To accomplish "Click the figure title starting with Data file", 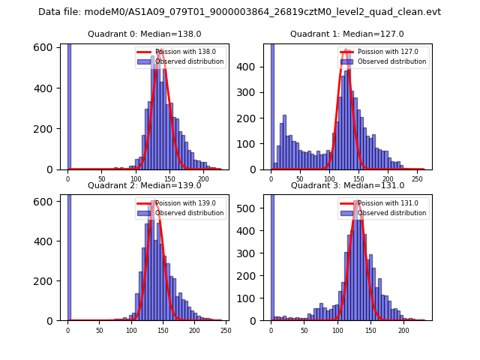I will point(239,12).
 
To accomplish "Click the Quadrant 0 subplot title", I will point(145,34).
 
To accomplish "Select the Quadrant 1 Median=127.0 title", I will point(347,34).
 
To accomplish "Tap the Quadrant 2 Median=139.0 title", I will point(145,185).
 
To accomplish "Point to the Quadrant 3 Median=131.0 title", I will point(347,185).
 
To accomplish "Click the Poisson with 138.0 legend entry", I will point(181,52).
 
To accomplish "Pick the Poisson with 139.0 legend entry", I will point(181,202).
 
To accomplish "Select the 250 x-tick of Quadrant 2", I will point(226,330).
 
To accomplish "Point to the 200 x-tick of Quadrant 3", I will point(403,330).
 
